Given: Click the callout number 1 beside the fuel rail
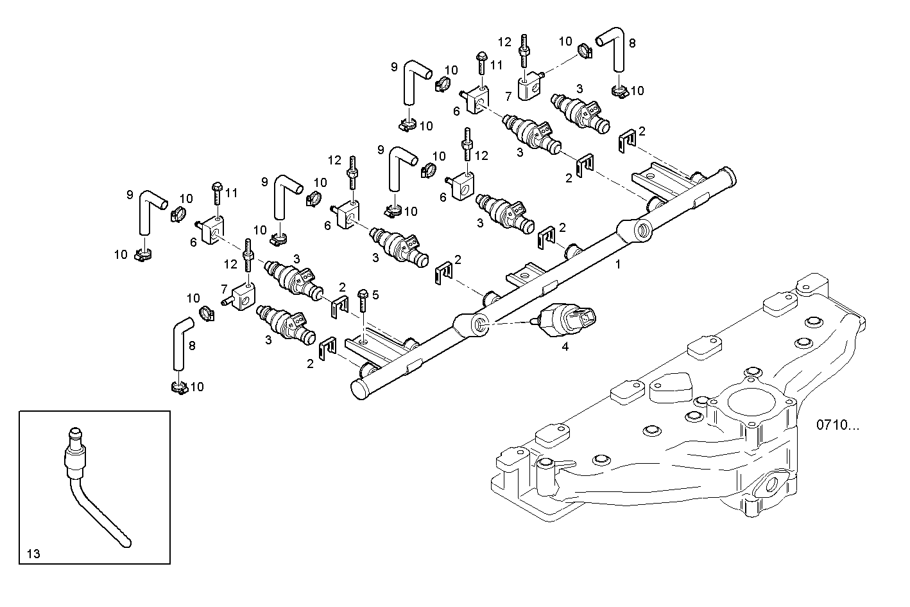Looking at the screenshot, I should [618, 263].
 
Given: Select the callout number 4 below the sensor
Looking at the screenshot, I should [565, 346].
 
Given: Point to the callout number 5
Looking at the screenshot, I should [375, 295].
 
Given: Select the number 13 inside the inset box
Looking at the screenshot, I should [33, 552].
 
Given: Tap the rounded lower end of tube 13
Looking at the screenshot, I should [126, 543].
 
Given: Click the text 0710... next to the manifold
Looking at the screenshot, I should [841, 425].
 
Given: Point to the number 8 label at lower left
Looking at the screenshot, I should [191, 345].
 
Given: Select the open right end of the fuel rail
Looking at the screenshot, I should [728, 175].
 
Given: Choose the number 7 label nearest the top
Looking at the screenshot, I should [508, 96].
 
